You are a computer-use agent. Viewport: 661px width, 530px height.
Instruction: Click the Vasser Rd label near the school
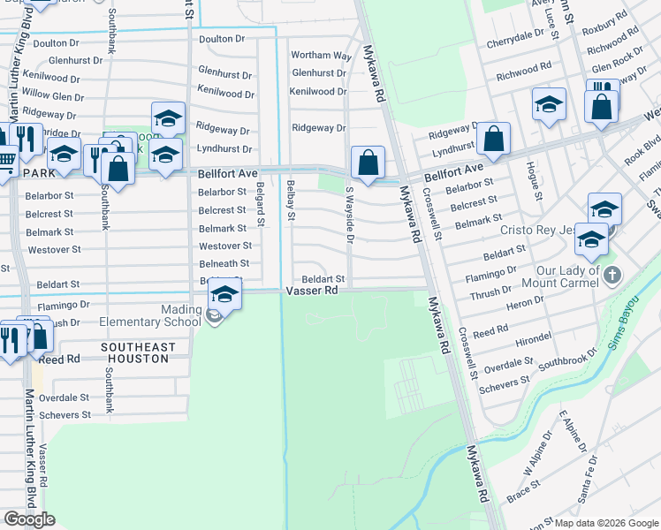311,291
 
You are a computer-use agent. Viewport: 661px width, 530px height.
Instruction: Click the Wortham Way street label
321,56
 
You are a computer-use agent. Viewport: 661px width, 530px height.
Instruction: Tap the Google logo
29,519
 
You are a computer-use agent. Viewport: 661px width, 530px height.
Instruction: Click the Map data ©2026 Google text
605,523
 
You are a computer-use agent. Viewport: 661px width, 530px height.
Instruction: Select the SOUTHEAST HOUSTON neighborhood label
134,353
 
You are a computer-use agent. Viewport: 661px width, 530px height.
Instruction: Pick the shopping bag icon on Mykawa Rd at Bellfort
368,163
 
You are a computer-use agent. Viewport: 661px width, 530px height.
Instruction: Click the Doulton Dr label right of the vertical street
221,39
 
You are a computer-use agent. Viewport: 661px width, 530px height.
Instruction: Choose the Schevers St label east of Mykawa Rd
504,380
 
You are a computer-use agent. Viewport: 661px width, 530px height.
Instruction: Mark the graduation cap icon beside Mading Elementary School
224,294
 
